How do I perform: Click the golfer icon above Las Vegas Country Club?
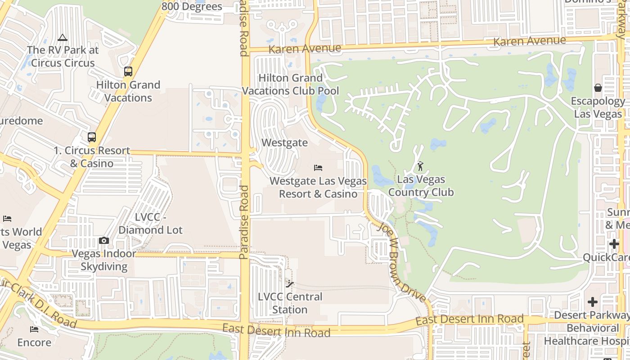[420, 166]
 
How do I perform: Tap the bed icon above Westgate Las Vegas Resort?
[318, 168]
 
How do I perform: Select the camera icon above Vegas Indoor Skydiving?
[104, 241]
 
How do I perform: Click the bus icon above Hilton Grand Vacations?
[128, 72]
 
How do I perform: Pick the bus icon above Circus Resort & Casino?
[92, 137]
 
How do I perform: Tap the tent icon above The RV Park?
[63, 37]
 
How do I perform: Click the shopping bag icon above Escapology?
[598, 88]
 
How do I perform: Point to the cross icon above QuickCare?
[614, 244]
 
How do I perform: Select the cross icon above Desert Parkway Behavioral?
[593, 301]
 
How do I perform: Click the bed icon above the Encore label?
[34, 329]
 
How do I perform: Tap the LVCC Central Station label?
[290, 303]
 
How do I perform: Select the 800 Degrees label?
[192, 6]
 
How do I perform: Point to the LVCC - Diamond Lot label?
[151, 224]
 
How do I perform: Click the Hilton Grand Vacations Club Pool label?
[291, 84]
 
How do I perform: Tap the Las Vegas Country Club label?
[421, 186]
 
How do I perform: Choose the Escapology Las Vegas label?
[598, 108]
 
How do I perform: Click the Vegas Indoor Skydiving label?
[104, 260]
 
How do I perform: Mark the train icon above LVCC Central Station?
[290, 284]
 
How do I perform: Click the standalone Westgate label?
[284, 143]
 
